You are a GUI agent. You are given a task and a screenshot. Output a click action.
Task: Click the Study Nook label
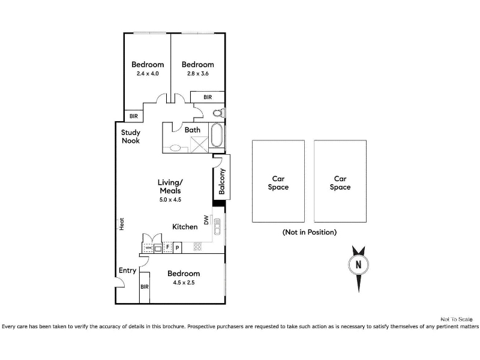131,137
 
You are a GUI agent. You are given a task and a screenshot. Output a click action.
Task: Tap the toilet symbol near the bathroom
218,113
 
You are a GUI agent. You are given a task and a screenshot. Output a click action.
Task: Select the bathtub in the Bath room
217,135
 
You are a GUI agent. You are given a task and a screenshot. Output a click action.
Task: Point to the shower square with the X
199,145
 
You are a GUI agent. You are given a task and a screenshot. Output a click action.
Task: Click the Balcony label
222,181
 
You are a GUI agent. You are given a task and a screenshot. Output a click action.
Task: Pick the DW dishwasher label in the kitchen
206,220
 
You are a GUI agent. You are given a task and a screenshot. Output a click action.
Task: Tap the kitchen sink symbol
217,227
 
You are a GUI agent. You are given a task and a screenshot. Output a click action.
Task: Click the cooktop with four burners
197,247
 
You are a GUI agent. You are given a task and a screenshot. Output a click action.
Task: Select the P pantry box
177,247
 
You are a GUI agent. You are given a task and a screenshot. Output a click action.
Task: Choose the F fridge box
167,247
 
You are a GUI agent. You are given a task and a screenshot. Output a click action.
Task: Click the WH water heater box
148,247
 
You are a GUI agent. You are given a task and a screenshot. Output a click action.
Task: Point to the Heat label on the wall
122,224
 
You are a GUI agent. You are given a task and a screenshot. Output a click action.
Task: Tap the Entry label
127,271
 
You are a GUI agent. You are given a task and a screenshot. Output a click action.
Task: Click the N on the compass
358,264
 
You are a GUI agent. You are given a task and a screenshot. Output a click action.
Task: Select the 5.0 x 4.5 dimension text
170,200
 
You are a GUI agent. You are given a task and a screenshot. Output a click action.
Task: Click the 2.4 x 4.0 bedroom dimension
148,73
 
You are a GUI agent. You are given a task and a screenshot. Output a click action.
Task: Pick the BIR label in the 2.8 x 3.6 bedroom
208,97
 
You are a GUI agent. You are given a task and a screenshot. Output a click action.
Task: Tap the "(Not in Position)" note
310,232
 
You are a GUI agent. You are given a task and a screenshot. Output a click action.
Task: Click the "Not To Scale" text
457,319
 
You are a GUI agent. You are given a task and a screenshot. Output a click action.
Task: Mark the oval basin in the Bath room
175,148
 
